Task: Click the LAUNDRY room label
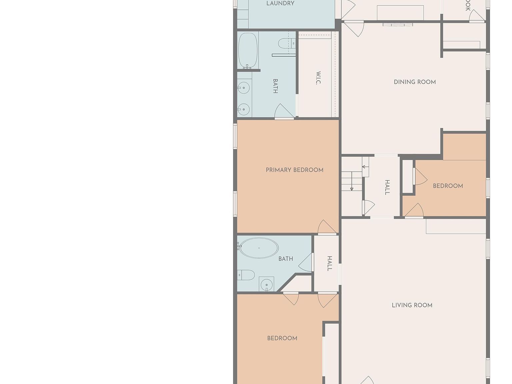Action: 280,4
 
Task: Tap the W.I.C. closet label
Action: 318,78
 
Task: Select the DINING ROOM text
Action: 415,82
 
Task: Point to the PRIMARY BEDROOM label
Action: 294,170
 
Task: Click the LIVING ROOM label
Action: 412,305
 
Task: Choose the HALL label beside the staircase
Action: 387,187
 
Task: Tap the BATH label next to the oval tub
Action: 286,259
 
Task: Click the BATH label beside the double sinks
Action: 275,86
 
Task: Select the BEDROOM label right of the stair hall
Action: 448,186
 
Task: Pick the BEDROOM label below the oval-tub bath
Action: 282,338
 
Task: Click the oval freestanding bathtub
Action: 259,248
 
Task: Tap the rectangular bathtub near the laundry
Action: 248,50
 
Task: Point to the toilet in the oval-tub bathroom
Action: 247,275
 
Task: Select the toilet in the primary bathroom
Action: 286,43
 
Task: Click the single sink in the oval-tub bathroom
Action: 267,284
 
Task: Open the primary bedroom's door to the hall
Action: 327,228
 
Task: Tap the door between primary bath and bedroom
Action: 284,112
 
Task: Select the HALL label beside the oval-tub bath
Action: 329,263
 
